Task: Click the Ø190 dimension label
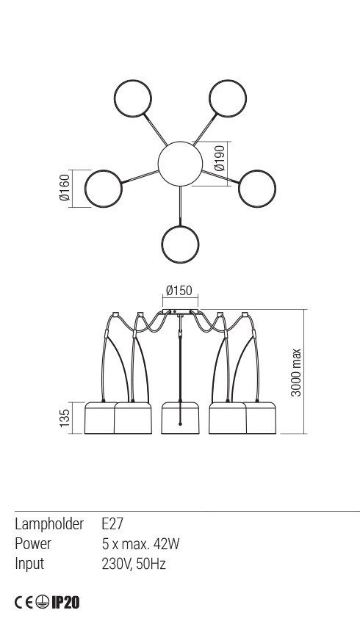pyautogui.click(x=220, y=158)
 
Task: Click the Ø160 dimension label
pyautogui.click(x=65, y=187)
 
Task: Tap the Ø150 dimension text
pyautogui.click(x=179, y=291)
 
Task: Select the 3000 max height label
pyautogui.click(x=296, y=372)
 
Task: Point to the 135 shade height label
pyautogui.click(x=65, y=418)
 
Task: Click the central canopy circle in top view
pyautogui.click(x=180, y=164)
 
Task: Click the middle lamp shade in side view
pyautogui.click(x=180, y=418)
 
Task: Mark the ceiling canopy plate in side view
pyautogui.click(x=180, y=311)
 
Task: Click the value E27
pyautogui.click(x=112, y=523)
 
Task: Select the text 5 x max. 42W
pyautogui.click(x=140, y=543)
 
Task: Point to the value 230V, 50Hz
pyautogui.click(x=134, y=564)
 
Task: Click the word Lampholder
pyautogui.click(x=49, y=524)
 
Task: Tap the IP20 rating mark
pyautogui.click(x=65, y=603)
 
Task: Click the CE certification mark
pyautogui.click(x=24, y=603)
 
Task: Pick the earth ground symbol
pyautogui.click(x=42, y=603)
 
